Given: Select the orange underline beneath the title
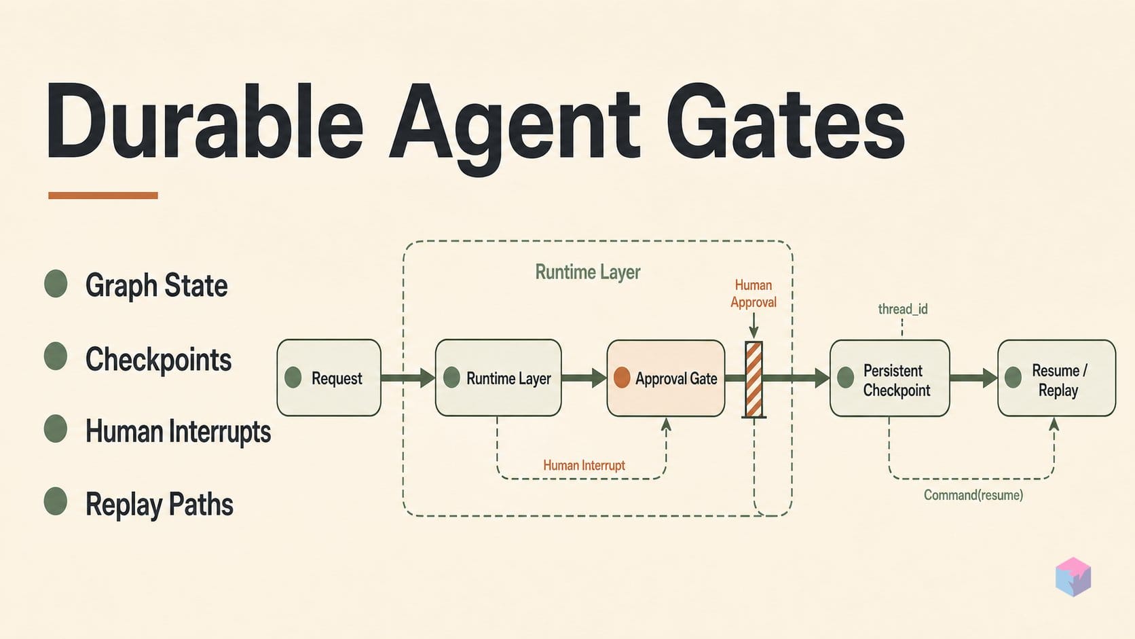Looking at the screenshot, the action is [x=103, y=195].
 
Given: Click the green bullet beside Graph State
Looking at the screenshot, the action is [x=56, y=283].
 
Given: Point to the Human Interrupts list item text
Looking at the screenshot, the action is [x=178, y=431].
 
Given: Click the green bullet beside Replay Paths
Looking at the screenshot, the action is [x=56, y=501].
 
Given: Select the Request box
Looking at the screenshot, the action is [x=329, y=378].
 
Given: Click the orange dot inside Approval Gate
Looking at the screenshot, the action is [x=622, y=378].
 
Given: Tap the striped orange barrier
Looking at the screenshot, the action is [x=753, y=379].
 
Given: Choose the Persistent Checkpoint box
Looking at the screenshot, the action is [x=890, y=378].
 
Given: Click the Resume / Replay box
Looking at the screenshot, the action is [x=1056, y=378].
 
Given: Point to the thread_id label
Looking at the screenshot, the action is [x=903, y=308].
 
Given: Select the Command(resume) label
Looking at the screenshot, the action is [x=973, y=494].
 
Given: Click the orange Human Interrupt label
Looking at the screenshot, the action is [x=584, y=464].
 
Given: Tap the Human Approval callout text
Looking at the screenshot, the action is [x=753, y=293].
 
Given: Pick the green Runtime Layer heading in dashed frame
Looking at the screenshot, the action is [x=588, y=272].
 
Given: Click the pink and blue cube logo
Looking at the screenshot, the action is [x=1073, y=577].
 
